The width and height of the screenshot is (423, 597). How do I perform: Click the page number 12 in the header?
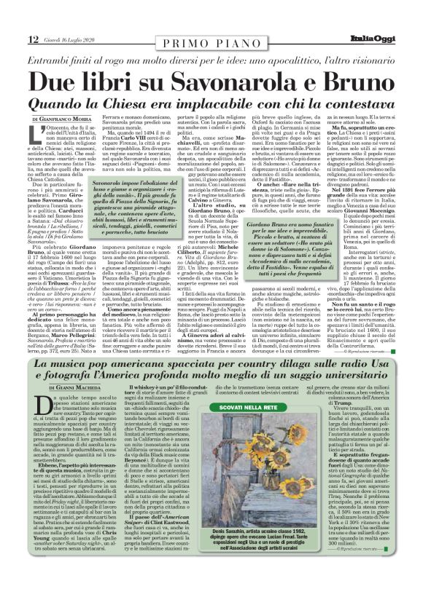[x=14, y=18]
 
